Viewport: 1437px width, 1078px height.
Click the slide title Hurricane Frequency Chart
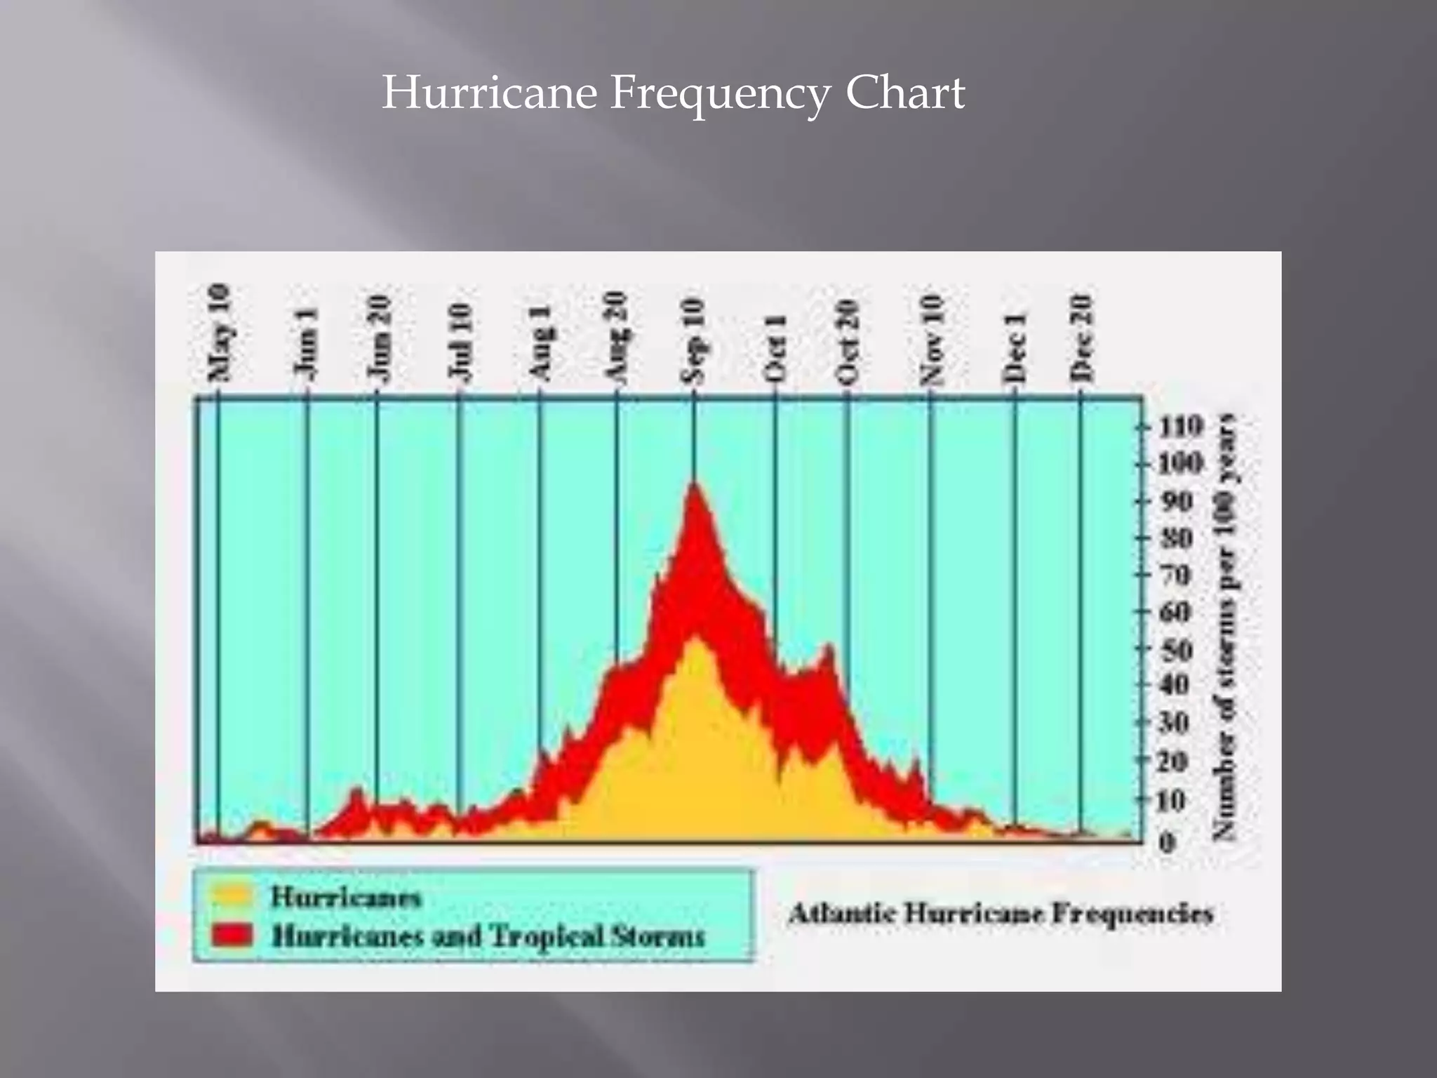(673, 93)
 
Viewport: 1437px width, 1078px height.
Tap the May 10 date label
(219, 333)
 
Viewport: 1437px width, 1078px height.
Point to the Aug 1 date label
(540, 345)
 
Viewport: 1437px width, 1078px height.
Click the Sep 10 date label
(693, 340)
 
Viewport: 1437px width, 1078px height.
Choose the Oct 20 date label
(848, 342)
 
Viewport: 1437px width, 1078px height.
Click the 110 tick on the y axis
(1180, 426)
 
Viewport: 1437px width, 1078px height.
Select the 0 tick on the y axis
(1166, 842)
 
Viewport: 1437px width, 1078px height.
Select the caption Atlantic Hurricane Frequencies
(1001, 914)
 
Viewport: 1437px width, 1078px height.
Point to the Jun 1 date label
(307, 345)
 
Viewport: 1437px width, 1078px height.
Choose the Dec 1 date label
(1015, 348)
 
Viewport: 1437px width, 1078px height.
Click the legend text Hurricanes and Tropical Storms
(488, 936)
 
